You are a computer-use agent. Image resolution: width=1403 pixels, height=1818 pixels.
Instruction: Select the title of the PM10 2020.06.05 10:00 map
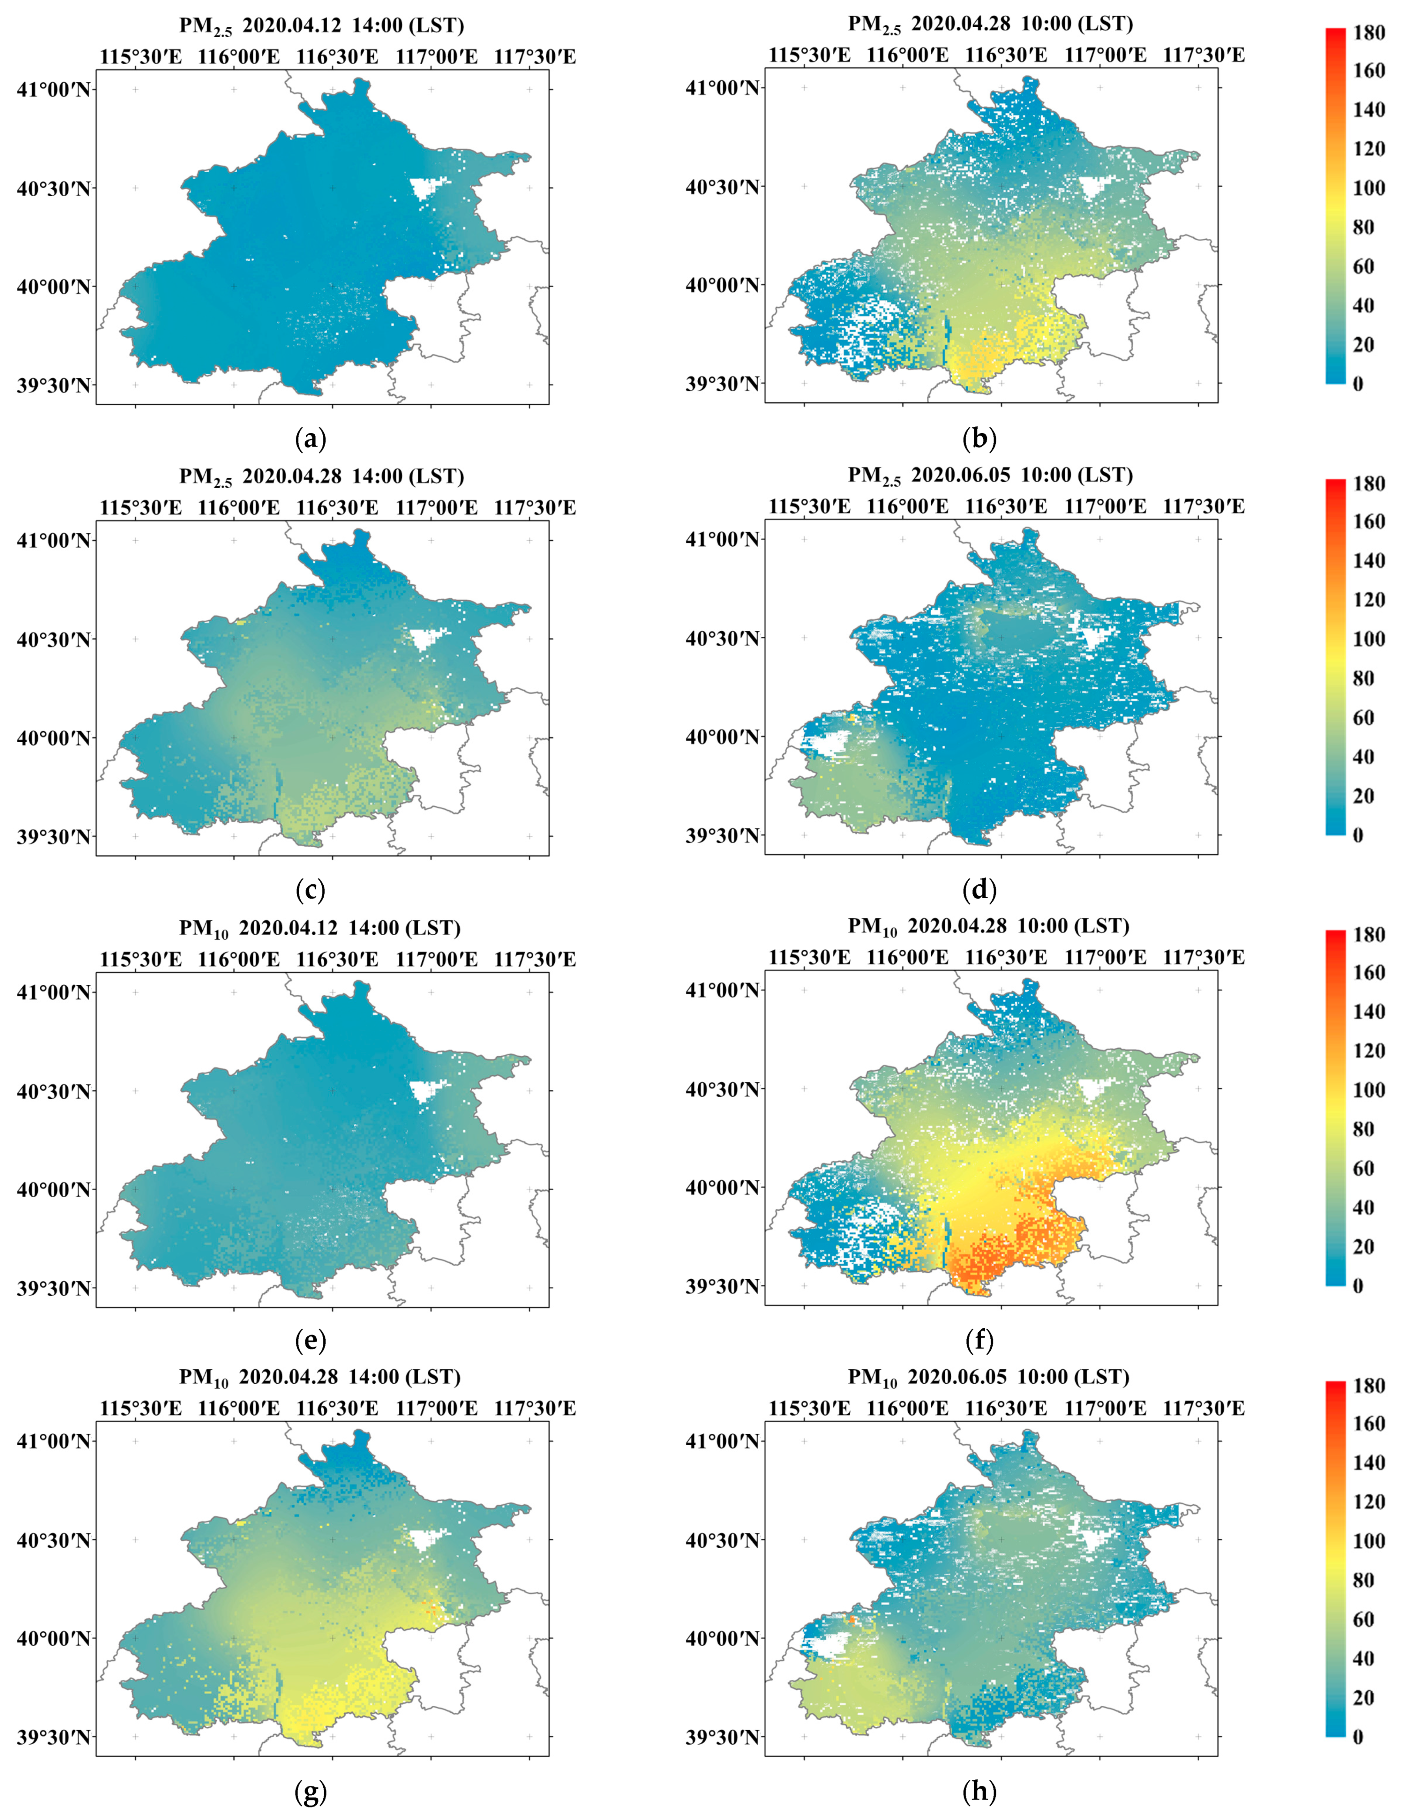click(x=989, y=1377)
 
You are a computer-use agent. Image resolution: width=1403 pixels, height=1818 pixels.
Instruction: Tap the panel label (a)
click(x=311, y=438)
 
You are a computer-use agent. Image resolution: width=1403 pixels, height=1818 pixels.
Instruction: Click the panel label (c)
click(x=311, y=890)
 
